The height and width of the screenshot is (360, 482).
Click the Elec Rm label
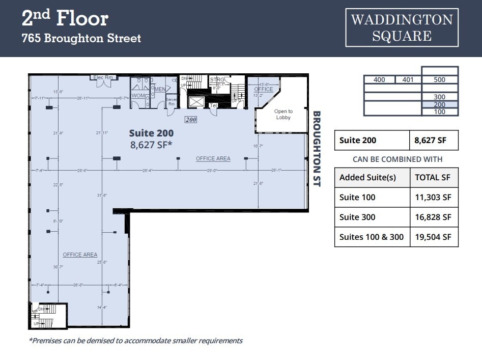point(104,77)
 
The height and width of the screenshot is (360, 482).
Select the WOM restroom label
point(138,95)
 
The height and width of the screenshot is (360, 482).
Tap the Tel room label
point(214,105)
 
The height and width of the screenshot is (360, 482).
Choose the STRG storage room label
point(217,80)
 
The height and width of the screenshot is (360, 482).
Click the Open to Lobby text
point(283,114)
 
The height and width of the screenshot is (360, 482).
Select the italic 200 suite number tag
point(190,120)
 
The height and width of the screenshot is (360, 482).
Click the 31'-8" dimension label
point(102,194)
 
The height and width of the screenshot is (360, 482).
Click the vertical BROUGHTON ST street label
point(317,149)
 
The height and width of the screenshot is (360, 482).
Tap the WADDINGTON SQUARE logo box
point(402,27)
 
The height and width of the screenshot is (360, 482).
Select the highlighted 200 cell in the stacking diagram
point(439,104)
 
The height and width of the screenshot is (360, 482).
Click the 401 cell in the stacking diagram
point(408,80)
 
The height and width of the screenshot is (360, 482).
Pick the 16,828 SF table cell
point(433,217)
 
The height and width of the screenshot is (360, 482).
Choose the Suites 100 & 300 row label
point(372,237)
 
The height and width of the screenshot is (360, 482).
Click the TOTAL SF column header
point(433,178)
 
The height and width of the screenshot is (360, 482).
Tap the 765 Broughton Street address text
point(81,38)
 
